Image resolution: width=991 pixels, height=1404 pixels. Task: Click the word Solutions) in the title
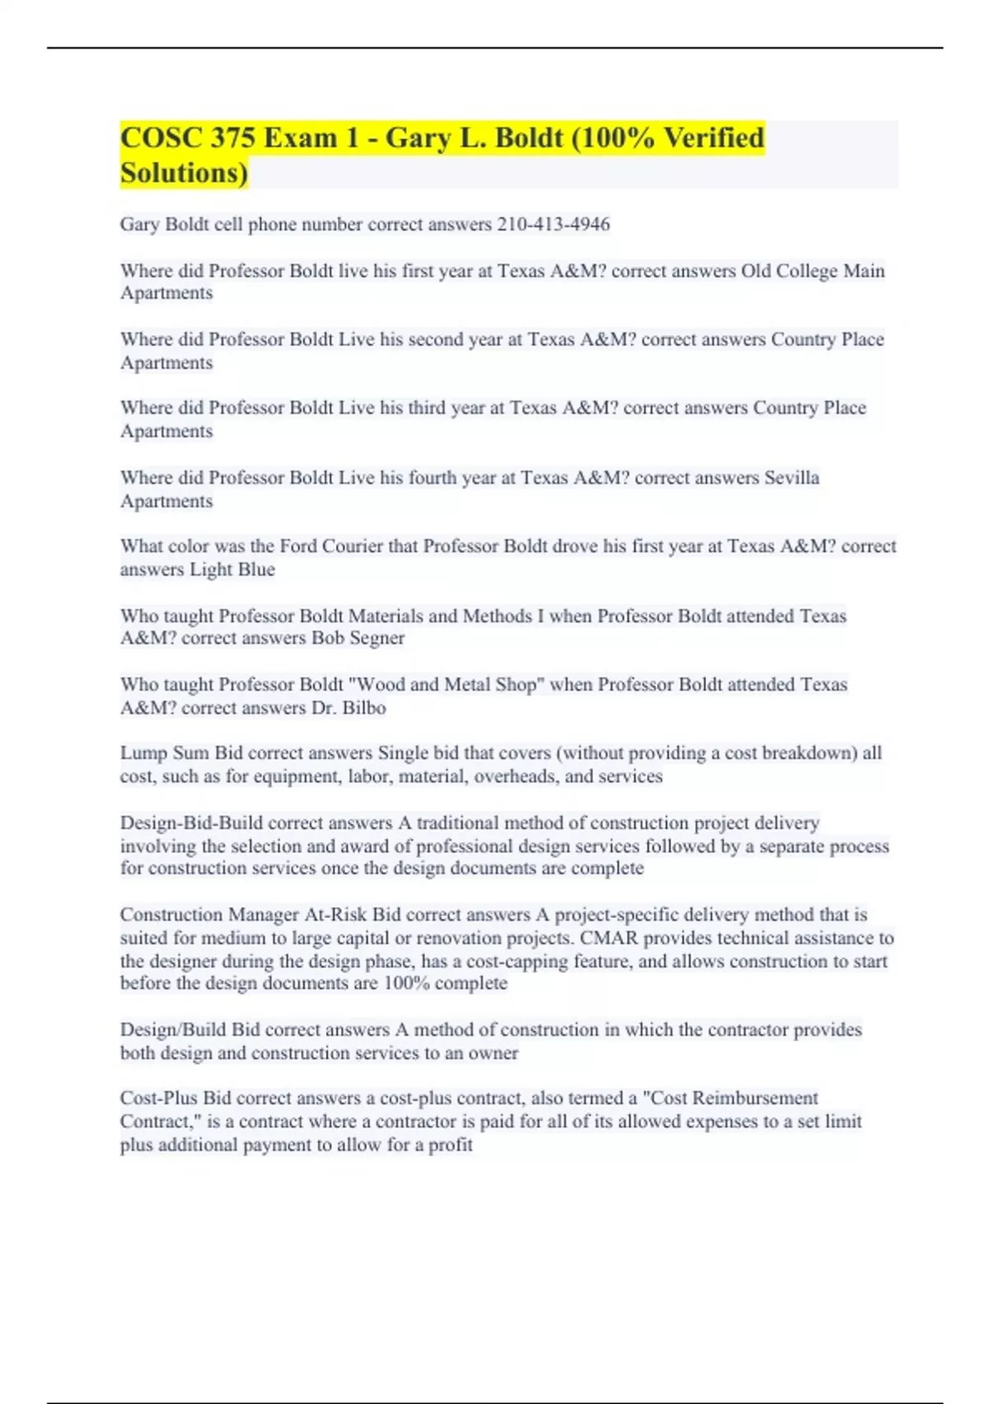183,173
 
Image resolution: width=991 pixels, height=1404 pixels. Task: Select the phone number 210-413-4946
553,225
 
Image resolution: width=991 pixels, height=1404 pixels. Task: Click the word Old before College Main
756,271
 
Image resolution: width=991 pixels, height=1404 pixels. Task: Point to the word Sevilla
791,477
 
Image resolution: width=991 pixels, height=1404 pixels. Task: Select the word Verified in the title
714,138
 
